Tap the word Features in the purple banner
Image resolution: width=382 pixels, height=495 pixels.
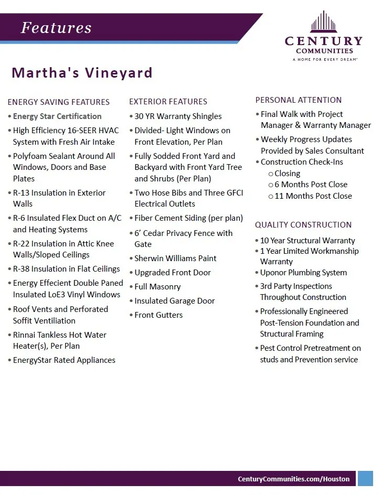click(x=56, y=28)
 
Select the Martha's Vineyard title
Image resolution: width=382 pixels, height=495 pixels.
click(x=82, y=72)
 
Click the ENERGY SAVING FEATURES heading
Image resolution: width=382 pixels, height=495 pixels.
click(x=58, y=102)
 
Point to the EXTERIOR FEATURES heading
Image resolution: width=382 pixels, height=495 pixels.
click(x=168, y=101)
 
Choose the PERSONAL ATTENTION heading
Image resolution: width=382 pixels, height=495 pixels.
click(x=298, y=100)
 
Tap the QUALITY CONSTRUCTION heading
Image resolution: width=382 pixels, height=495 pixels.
click(x=303, y=224)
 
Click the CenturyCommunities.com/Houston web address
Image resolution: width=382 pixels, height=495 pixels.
click(x=293, y=479)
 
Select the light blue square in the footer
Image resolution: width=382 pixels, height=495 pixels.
click(x=365, y=478)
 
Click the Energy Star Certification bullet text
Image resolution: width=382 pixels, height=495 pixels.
click(x=57, y=116)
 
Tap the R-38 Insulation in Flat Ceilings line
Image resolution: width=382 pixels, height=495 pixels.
click(x=66, y=269)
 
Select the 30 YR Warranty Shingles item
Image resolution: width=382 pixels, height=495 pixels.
click(x=178, y=116)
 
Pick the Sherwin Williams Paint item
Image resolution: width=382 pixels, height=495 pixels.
click(x=175, y=258)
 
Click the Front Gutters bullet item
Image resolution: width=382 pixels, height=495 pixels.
click(x=158, y=315)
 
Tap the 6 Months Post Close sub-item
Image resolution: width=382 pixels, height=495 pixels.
click(x=311, y=185)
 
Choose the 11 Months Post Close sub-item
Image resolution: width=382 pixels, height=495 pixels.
click(x=313, y=196)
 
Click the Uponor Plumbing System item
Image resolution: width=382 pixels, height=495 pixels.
click(x=303, y=273)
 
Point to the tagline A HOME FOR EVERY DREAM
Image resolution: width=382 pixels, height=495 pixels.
click(x=324, y=60)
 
